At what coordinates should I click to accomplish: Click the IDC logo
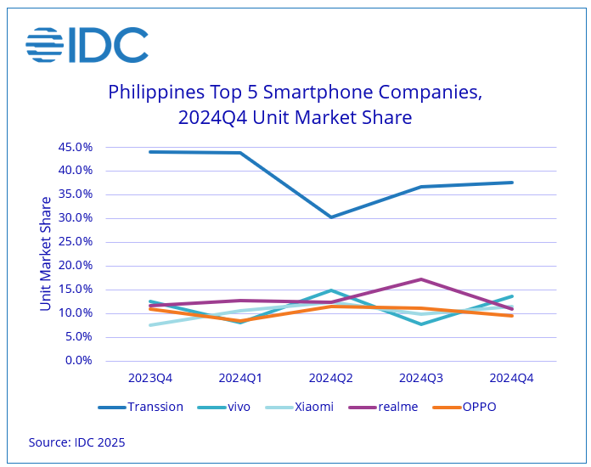(87, 45)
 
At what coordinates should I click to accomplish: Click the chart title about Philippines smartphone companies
(295, 104)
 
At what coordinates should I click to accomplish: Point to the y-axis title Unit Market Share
(46, 253)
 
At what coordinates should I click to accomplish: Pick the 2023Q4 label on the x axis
(149, 378)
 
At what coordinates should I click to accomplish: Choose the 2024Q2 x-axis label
(331, 378)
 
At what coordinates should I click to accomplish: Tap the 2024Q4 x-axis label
(512, 378)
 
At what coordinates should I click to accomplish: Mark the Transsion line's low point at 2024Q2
(331, 217)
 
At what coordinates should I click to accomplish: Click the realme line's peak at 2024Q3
(422, 279)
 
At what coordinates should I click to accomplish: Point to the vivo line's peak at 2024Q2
(331, 290)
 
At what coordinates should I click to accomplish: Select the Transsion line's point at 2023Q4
(149, 152)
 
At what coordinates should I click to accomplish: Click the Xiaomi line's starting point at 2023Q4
(149, 325)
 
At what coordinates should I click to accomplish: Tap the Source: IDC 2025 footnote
(76, 442)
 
